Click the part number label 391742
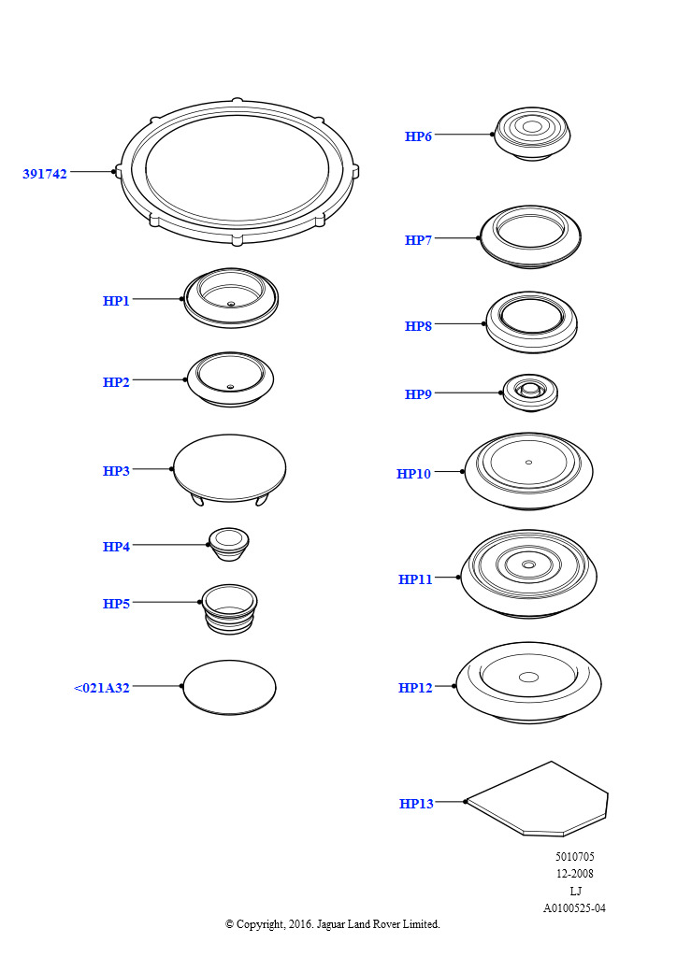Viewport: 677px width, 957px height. point(45,174)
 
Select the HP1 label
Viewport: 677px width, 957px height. point(116,301)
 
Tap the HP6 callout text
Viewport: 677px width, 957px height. point(418,136)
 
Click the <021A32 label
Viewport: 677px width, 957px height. point(102,688)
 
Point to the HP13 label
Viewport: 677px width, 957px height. point(416,804)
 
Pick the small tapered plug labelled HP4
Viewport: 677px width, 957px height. point(229,545)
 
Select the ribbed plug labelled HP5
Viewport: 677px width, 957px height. point(229,609)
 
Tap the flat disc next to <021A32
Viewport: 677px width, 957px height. point(229,687)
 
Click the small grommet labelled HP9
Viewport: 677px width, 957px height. point(530,393)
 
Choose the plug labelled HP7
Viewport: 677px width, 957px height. point(530,236)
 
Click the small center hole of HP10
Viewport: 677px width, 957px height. point(528,462)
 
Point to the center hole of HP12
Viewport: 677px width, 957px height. point(528,677)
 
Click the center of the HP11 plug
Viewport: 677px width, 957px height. point(528,564)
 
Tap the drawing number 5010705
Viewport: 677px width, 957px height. point(574,857)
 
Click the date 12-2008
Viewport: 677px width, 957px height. point(574,874)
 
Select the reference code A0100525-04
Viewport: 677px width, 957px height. point(574,908)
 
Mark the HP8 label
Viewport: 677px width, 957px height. point(418,326)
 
